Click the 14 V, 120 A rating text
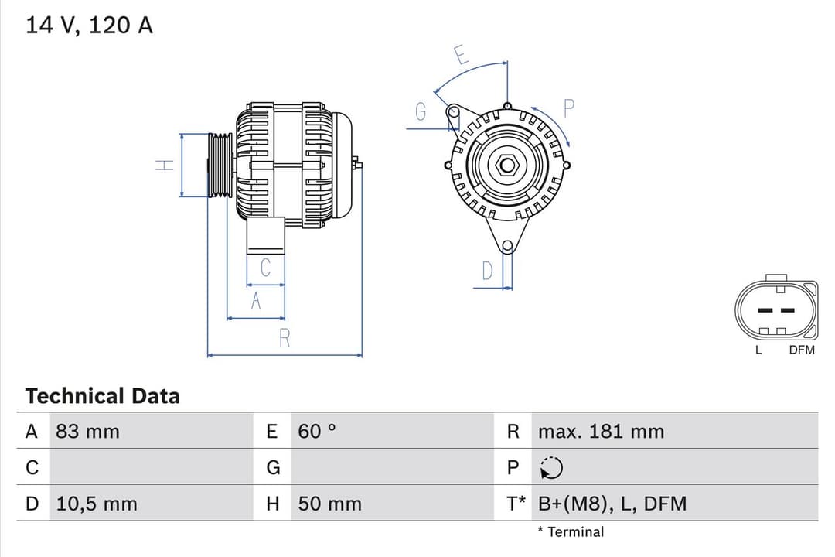coord(90,25)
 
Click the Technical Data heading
coord(102,396)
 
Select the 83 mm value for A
coord(87,432)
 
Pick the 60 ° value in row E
coord(317,432)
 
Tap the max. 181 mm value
coord(601,432)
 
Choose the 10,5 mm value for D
coord(97,504)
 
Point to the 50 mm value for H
coord(329,504)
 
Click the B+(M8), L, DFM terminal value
coord(612,504)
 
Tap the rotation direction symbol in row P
coord(552,468)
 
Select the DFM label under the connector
coord(802,350)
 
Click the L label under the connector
coord(758,350)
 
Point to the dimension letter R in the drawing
coord(285,338)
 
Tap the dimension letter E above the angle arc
coord(462,55)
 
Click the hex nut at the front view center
coord(507,165)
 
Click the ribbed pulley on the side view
coord(220,165)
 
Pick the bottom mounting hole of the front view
coord(506,247)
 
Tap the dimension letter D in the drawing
coord(487,271)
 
